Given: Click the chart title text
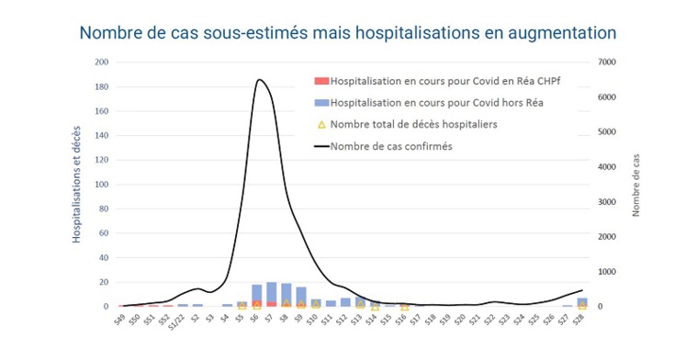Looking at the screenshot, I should (348, 32).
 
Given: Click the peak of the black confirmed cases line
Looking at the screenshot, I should (260, 80).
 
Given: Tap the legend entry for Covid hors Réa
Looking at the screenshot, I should (437, 102).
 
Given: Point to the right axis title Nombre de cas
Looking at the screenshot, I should (635, 185).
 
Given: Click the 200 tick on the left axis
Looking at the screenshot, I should (102, 62).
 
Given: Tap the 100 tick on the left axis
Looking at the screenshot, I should (102, 185).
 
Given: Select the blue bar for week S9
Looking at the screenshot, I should (301, 296).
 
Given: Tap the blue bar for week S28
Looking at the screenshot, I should (581, 301).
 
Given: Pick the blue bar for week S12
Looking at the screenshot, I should (345, 301).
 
